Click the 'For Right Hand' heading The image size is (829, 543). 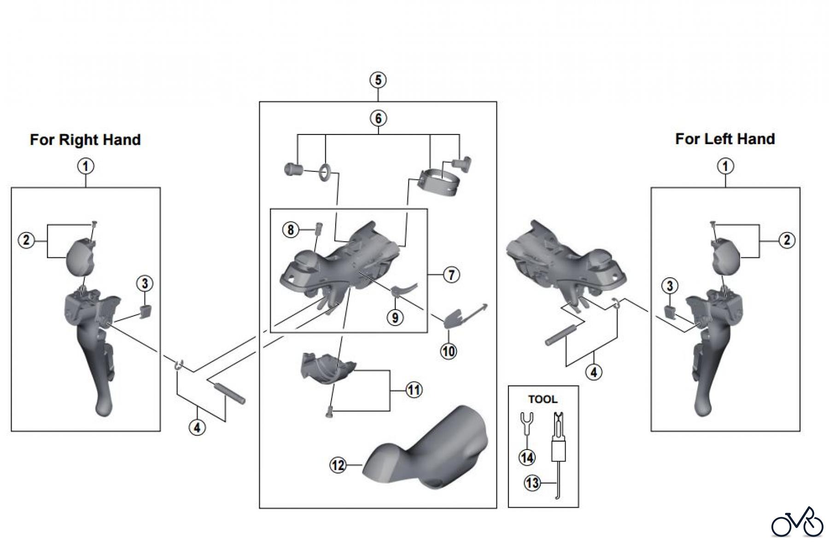click(85, 140)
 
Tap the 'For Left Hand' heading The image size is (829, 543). click(725, 139)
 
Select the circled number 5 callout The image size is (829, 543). click(378, 80)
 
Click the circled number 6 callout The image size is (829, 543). click(378, 118)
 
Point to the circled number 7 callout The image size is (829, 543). click(451, 275)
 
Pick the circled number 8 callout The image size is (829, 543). click(291, 229)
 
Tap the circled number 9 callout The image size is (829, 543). click(395, 317)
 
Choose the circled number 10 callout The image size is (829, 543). click(449, 351)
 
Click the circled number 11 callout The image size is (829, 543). click(414, 390)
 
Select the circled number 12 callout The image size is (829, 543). click(338, 465)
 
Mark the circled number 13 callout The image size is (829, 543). click(532, 483)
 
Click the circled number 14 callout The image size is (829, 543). click(527, 457)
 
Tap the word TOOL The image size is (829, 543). click(543, 399)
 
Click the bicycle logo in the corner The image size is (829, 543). click(797, 523)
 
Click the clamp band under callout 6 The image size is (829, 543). click(437, 181)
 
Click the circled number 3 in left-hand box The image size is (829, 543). click(670, 286)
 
